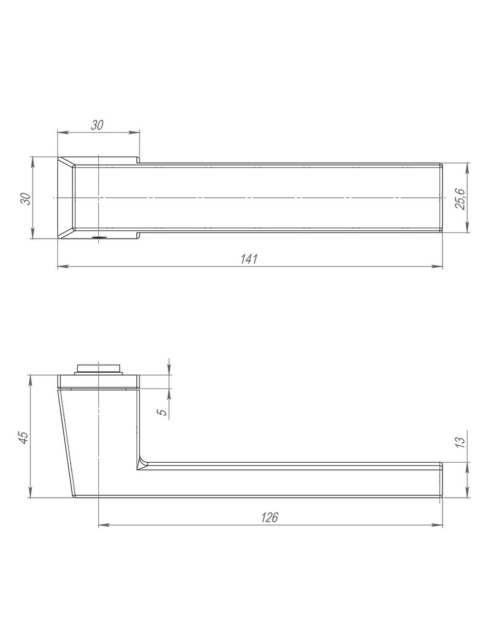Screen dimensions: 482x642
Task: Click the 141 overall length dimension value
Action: pos(249,259)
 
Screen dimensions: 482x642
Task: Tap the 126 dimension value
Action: pos(269,526)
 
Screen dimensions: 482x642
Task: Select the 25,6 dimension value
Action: pos(460,199)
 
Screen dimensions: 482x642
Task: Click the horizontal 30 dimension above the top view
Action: pos(97,125)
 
